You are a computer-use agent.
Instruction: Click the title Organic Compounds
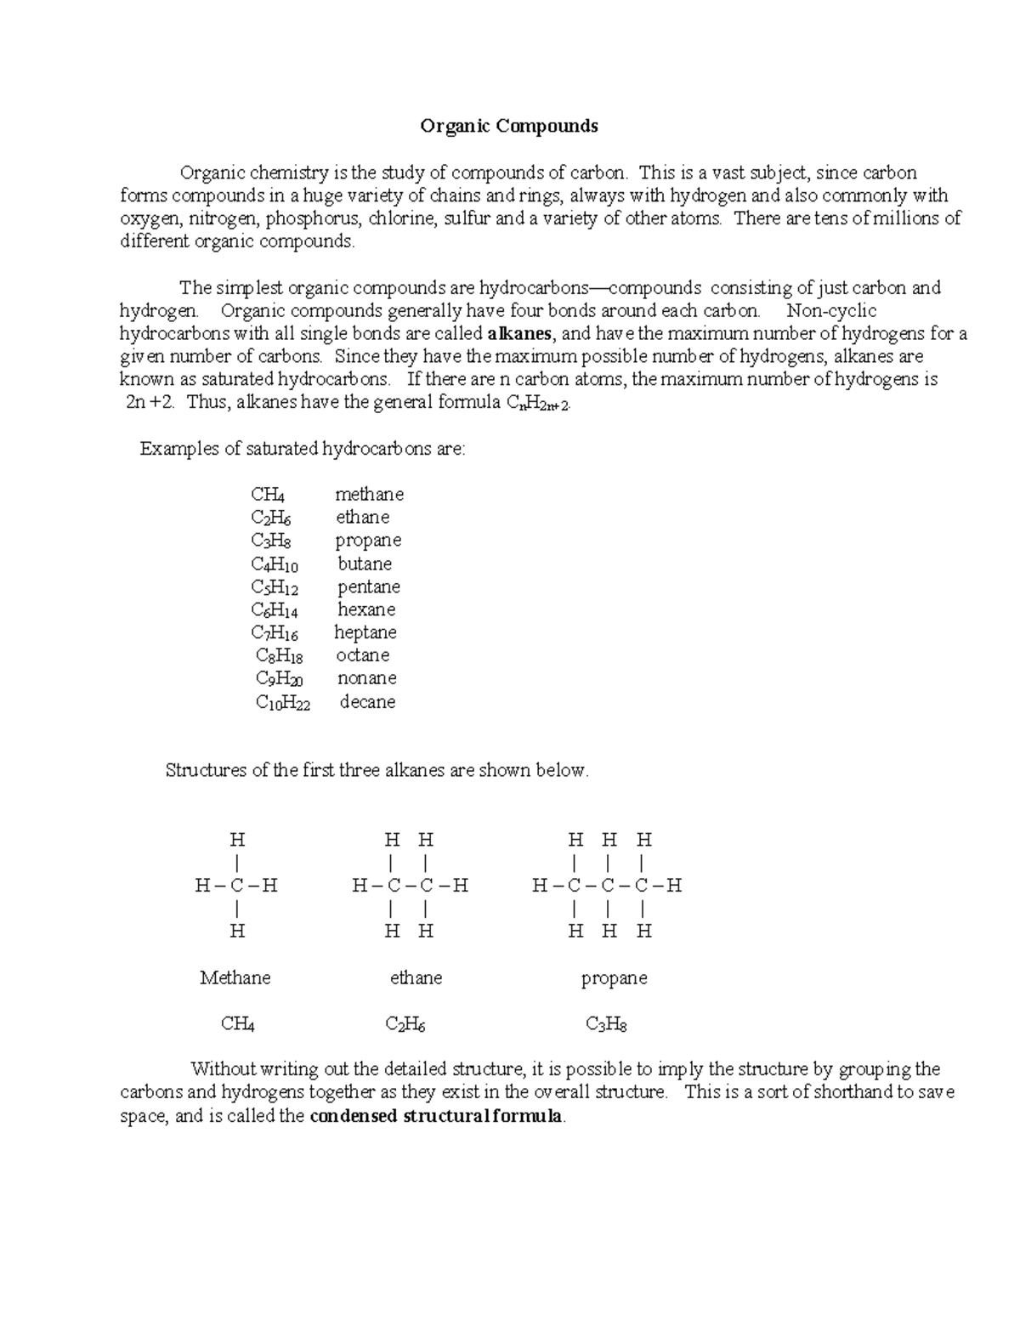[x=509, y=127]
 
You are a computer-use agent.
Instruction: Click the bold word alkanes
[x=518, y=333]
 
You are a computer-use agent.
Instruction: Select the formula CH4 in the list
[x=268, y=495]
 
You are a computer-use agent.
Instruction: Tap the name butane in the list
[x=365, y=564]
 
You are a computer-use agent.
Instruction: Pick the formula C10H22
[x=283, y=702]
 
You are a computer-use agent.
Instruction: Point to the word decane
[x=367, y=702]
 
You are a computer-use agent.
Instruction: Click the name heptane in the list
[x=365, y=632]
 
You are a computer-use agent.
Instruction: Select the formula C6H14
[x=274, y=609]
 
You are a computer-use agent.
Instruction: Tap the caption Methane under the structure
[x=235, y=977]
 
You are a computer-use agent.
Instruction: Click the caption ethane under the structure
[x=416, y=977]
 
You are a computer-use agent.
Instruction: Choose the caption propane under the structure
[x=614, y=978]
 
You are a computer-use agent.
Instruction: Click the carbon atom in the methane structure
[x=237, y=886]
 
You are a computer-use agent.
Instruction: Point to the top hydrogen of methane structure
[x=237, y=840]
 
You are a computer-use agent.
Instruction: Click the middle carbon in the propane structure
[x=608, y=886]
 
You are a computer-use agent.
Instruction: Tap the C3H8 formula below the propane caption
[x=606, y=1024]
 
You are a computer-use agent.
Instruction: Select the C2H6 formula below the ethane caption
[x=405, y=1024]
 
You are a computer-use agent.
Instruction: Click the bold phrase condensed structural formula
[x=436, y=1116]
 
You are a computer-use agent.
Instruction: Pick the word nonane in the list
[x=366, y=678]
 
